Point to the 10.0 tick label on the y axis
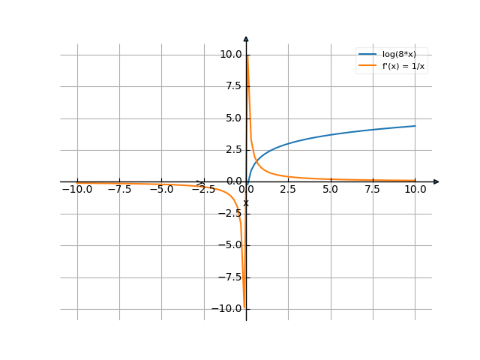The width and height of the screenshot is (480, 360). click(230, 54)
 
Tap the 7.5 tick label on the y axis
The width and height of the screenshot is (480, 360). click(232, 86)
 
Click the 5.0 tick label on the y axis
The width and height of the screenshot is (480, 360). click(232, 118)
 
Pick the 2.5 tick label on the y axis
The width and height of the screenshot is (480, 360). click(232, 149)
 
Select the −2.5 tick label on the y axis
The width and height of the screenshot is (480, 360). click(230, 213)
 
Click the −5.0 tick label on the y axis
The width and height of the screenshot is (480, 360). click(230, 244)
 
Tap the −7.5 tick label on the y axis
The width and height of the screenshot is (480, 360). click(230, 277)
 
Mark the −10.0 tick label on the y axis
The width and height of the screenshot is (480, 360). click(228, 308)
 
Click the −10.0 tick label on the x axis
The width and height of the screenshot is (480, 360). click(77, 190)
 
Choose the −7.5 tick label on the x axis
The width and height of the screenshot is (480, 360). click(119, 190)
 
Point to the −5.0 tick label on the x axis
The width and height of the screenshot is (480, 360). click(161, 190)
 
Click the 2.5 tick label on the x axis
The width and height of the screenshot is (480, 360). click(288, 190)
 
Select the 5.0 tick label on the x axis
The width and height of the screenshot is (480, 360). click(331, 190)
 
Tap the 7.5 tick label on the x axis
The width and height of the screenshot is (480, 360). click(373, 190)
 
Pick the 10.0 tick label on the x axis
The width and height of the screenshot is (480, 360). click(415, 190)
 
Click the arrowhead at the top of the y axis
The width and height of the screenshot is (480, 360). click(246, 37)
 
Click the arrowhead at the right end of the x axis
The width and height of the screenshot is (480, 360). click(436, 181)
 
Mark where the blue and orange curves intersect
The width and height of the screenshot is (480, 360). click(256, 160)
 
